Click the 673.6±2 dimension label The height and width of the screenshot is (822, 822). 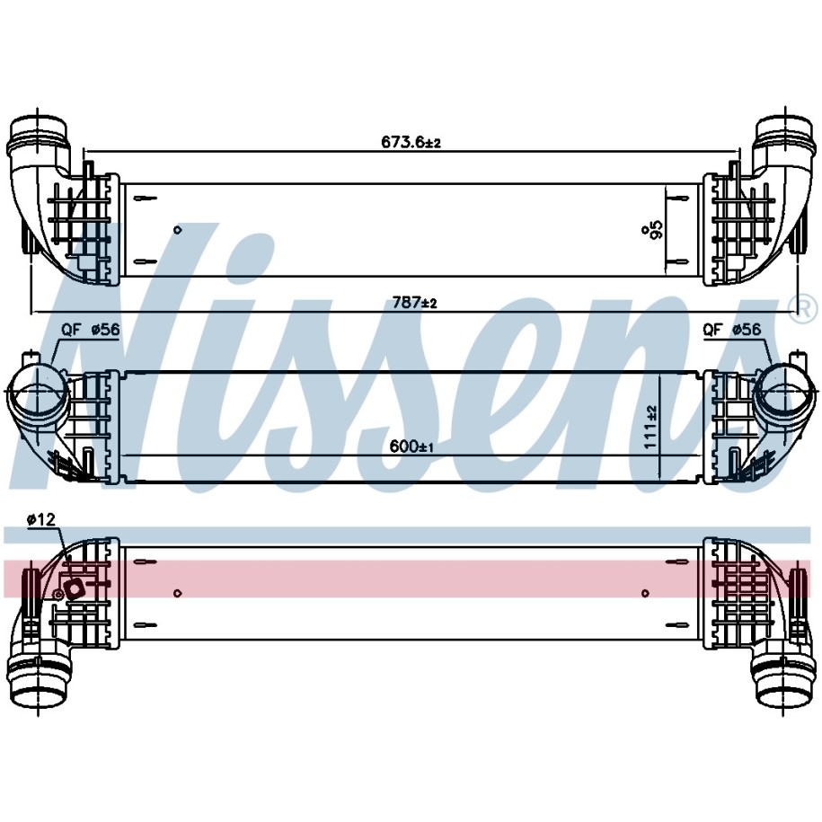coord(411,142)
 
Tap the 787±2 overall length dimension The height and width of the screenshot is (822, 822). coord(415,303)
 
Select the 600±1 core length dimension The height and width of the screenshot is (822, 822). coord(411,446)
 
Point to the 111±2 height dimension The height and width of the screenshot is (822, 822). coord(650,427)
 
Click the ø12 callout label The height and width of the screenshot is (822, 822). coord(41,519)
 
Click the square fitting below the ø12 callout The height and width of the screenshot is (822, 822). coord(74,588)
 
